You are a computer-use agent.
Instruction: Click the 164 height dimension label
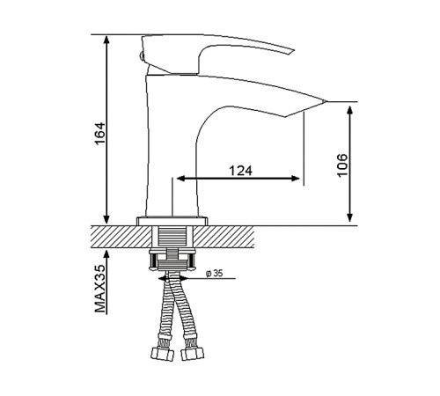tap(100, 134)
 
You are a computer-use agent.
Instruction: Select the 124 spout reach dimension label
tap(240, 171)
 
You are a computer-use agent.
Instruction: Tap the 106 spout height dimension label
tap(342, 165)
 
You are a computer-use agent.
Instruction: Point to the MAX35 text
tap(100, 289)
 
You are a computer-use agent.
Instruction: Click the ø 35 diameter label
tap(215, 274)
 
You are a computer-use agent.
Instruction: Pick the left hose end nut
tap(162, 354)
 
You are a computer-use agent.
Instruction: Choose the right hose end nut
tap(192, 354)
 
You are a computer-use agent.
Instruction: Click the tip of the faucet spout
tap(326, 101)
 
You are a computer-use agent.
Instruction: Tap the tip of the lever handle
tap(293, 50)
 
